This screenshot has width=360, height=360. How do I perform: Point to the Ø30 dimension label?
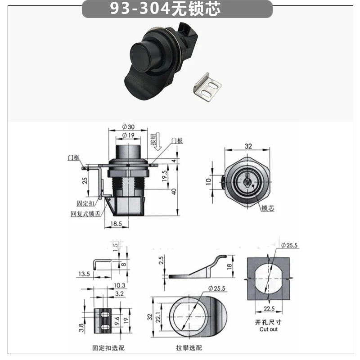128,127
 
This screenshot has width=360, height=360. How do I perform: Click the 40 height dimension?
174,191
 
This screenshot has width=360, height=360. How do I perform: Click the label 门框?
74,157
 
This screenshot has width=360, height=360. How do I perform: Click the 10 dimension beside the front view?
208,181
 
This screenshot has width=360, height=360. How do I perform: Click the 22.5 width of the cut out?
269,308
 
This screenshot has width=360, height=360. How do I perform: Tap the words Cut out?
269,329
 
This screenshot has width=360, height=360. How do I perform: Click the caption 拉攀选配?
189,348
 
